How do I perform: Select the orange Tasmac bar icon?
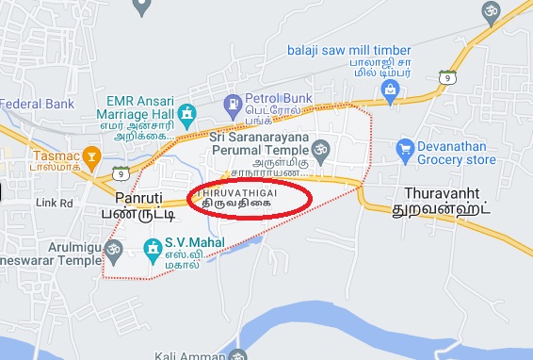(x=90, y=155)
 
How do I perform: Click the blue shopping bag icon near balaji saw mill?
(x=388, y=90)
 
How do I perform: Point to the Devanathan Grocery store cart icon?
(x=405, y=148)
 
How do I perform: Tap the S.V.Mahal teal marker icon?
(x=150, y=247)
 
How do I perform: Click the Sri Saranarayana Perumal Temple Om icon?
(x=319, y=148)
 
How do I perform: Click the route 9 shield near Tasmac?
(x=119, y=172)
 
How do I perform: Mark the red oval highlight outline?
(x=310, y=198)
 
